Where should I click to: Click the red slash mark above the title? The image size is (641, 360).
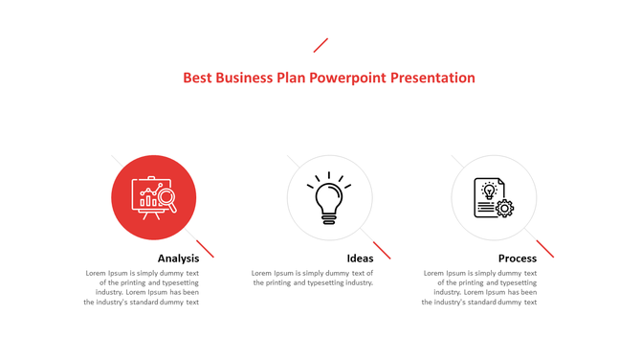(320, 45)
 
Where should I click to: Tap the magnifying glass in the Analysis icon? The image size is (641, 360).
(166, 199)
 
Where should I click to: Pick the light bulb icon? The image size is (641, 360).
(329, 196)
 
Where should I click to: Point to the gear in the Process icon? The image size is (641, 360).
(504, 208)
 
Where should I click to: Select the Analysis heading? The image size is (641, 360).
(178, 259)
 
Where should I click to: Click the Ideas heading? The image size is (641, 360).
(360, 259)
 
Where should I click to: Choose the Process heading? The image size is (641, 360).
(517, 259)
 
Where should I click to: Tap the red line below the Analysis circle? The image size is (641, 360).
(205, 249)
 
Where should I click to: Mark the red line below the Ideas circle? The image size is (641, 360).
(382, 250)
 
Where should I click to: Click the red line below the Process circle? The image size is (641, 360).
(545, 249)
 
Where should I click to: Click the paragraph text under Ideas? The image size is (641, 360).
(313, 278)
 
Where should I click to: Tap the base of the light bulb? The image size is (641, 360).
(329, 218)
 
